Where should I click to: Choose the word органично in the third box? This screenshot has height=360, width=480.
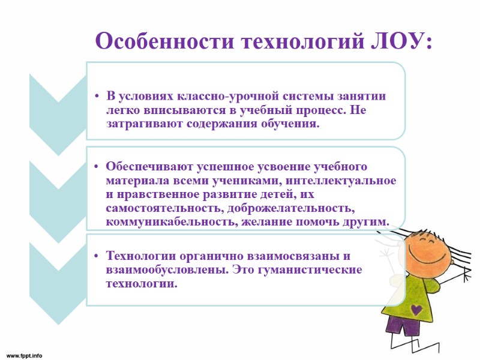click(x=212, y=256)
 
